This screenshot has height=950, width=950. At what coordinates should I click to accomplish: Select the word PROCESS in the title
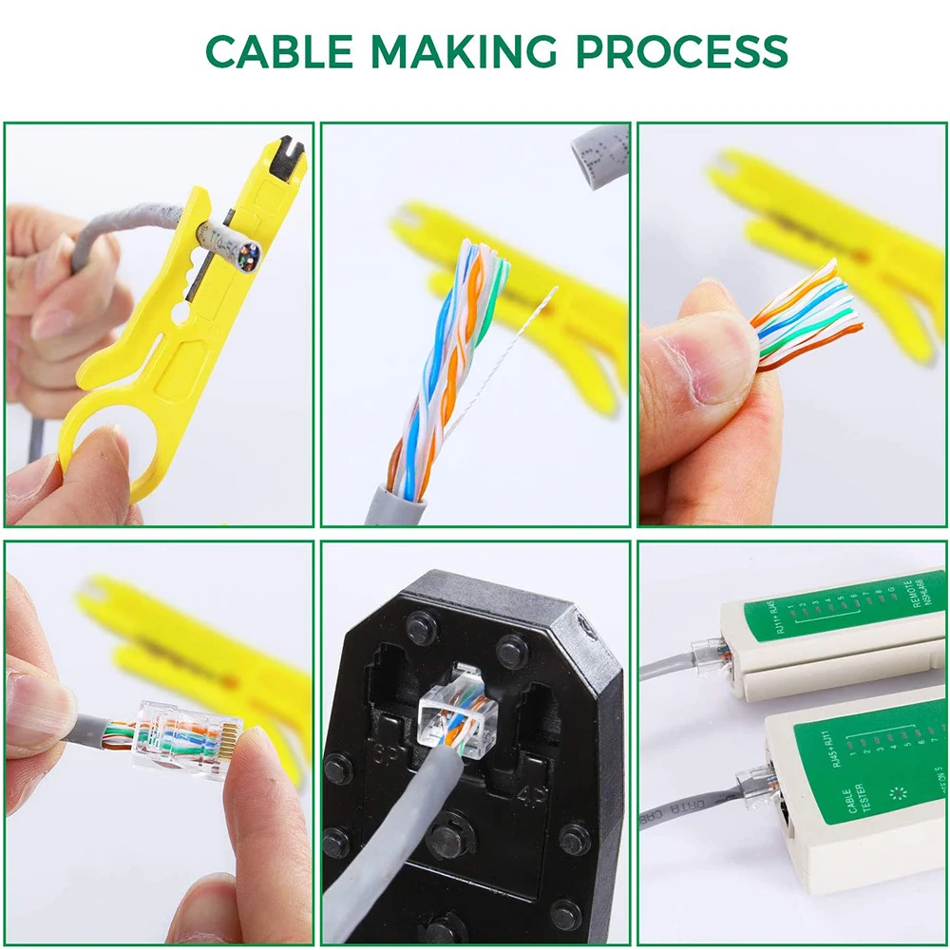point(683,51)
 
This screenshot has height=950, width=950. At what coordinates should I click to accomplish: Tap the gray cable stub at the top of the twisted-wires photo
point(598,152)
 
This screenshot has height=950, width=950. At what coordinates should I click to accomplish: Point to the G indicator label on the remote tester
point(890,590)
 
